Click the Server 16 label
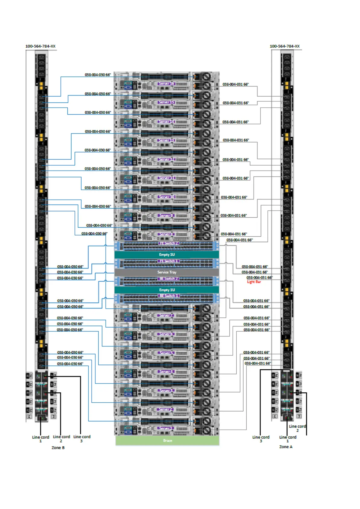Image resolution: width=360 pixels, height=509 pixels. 166,83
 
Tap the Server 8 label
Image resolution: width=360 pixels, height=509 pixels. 166,234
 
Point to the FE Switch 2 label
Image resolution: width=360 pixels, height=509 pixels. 169,243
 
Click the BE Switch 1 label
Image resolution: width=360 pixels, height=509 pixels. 169,296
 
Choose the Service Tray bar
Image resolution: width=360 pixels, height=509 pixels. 167,272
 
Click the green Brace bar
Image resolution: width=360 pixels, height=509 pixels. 167,440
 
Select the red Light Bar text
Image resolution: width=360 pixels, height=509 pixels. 254,282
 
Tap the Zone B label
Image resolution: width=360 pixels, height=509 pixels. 58,448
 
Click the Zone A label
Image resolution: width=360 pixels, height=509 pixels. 286,447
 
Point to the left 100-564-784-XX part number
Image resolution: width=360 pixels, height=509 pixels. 41,46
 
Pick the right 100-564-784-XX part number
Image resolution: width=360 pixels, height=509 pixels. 284,46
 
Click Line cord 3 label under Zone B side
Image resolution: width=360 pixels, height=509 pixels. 82,439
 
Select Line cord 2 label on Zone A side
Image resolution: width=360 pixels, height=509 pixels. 297,428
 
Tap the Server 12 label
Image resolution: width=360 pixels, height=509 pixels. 166,159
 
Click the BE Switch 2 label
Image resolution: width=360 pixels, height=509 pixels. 169,279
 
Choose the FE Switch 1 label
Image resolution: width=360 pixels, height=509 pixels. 169,261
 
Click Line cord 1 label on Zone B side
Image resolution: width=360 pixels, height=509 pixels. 41,439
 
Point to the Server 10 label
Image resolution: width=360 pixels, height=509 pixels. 166,197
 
